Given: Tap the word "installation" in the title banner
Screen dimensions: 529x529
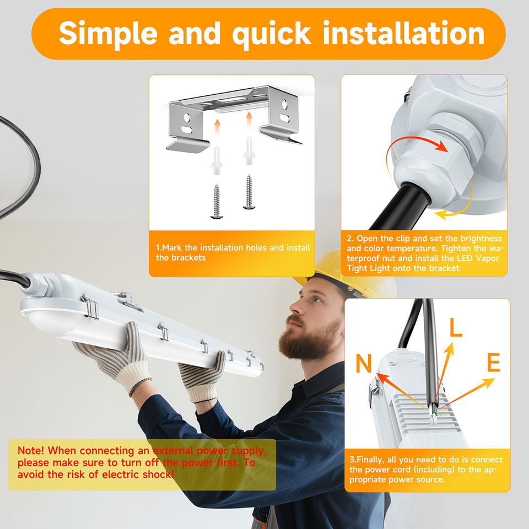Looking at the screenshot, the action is pyautogui.click(x=404, y=33).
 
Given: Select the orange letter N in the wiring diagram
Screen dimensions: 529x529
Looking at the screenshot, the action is pyautogui.click(x=364, y=363).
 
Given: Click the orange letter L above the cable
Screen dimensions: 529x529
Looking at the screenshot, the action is pyautogui.click(x=456, y=327).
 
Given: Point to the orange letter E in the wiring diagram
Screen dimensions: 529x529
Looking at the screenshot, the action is pyautogui.click(x=494, y=362).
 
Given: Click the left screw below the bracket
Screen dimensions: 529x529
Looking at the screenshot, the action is pyautogui.click(x=216, y=202).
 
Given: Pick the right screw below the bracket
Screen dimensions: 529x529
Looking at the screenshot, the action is pyautogui.click(x=249, y=192).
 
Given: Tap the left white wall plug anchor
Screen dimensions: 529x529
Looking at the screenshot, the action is pyautogui.click(x=217, y=160).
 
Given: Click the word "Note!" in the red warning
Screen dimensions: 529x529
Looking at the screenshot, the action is pyautogui.click(x=30, y=450).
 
